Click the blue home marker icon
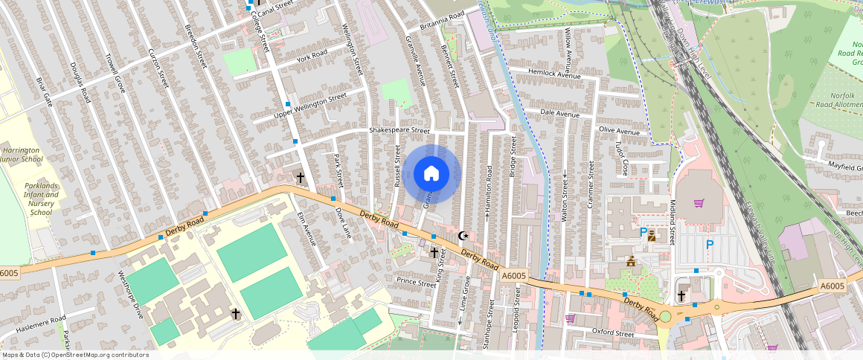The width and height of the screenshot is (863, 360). (x=431, y=174)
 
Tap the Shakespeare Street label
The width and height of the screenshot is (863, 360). (x=400, y=130)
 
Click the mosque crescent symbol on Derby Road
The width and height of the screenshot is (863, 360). (x=463, y=236)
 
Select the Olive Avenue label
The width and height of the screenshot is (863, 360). (x=619, y=132)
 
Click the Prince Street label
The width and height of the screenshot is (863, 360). (x=416, y=283)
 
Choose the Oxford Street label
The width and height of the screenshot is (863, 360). (x=613, y=332)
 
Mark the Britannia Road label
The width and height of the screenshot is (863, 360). (x=442, y=20)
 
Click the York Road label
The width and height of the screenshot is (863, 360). (x=312, y=56)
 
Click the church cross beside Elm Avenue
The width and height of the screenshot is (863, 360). (x=301, y=178)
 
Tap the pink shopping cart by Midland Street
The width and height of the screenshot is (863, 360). (x=698, y=203)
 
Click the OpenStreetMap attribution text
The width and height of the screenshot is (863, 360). (x=75, y=355)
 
